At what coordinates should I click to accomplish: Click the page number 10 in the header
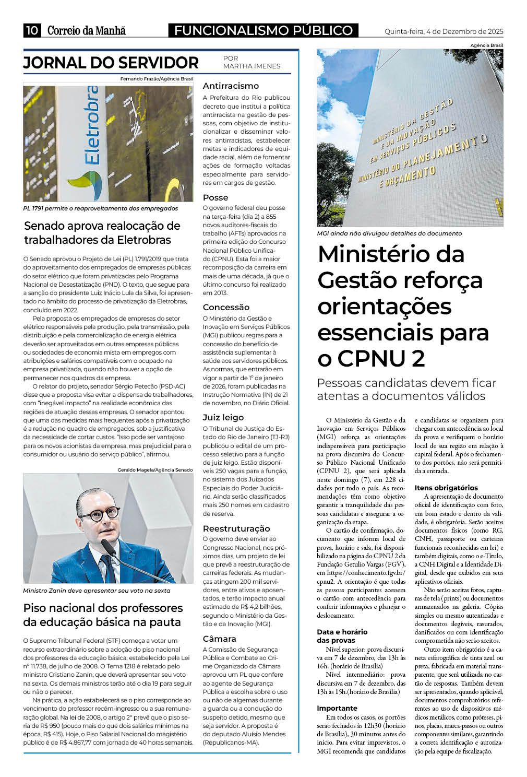[31, 30]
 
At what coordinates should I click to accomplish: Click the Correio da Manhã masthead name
[87, 30]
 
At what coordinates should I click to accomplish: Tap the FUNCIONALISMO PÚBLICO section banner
[263, 31]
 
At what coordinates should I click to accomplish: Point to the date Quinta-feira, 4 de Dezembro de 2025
[444, 31]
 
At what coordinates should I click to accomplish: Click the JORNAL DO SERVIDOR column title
[111, 63]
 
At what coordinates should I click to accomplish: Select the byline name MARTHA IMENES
[251, 66]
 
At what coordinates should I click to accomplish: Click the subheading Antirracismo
[231, 86]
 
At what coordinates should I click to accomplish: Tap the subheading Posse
[215, 197]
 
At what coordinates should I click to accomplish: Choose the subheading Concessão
[226, 307]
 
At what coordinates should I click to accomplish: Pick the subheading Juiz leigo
[223, 417]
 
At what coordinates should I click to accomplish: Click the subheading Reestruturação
[236, 528]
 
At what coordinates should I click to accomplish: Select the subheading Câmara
[219, 639]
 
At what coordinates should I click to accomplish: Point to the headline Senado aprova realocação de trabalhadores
[102, 233]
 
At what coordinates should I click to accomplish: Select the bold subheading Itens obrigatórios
[446, 488]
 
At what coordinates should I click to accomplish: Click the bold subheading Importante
[337, 708]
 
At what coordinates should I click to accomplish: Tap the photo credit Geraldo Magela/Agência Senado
[155, 470]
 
